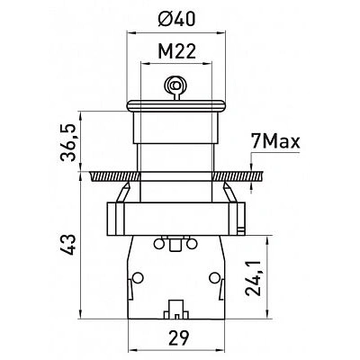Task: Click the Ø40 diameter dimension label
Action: coord(176,19)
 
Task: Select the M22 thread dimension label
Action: coord(177,51)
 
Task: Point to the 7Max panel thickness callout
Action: coord(275,142)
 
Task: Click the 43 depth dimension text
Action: coord(68,245)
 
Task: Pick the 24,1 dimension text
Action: coord(254,277)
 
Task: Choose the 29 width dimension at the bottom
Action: coord(178,337)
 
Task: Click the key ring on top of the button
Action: coord(174,86)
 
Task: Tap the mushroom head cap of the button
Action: coord(176,106)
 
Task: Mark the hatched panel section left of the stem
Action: coord(114,176)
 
